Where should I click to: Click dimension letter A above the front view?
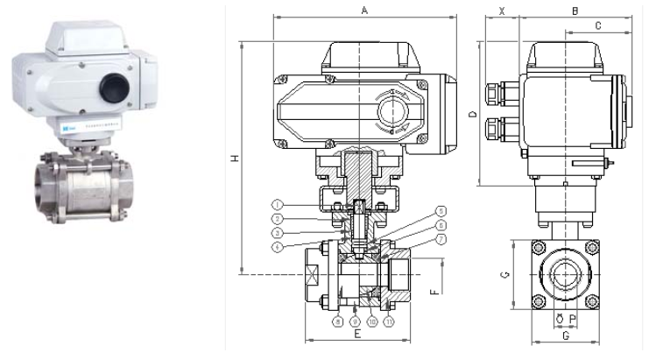(364, 10)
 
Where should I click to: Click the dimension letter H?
(234, 159)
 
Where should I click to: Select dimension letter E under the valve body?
(357, 333)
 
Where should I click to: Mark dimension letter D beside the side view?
(472, 115)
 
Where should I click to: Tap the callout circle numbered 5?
(441, 211)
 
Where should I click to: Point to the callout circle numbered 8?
(337, 321)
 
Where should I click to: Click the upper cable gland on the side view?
(496, 92)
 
